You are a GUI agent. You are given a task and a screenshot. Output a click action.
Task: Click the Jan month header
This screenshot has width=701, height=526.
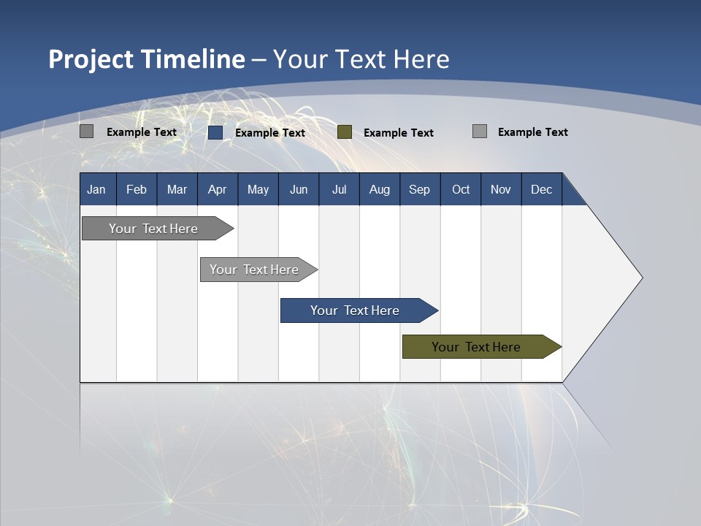(97, 189)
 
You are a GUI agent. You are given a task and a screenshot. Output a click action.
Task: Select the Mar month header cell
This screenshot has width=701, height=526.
(177, 189)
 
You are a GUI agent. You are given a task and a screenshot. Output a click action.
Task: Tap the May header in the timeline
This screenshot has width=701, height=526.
(258, 189)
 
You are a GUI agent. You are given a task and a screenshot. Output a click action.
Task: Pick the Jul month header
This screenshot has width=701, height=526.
(339, 189)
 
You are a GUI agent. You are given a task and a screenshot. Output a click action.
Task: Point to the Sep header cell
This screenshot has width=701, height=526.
(419, 189)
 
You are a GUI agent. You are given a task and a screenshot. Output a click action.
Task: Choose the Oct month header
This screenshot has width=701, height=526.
(461, 189)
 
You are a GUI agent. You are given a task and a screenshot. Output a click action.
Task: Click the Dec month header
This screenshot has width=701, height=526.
(541, 189)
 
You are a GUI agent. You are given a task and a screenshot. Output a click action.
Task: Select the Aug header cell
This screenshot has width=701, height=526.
(379, 189)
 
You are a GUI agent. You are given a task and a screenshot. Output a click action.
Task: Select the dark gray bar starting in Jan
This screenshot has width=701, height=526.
(153, 229)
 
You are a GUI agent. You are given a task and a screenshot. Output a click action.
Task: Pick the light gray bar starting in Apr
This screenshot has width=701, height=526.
(254, 270)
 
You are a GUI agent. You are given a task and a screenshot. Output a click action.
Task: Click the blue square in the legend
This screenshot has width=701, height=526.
(215, 132)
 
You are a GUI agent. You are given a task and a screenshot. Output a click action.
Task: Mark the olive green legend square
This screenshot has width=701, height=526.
(345, 132)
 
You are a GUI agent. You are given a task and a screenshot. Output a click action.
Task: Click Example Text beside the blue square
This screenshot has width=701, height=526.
(269, 133)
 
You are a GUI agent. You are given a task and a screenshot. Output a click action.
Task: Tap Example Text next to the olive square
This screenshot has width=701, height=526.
(398, 133)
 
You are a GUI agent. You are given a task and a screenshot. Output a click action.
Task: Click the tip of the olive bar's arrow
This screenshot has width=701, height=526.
(560, 347)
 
